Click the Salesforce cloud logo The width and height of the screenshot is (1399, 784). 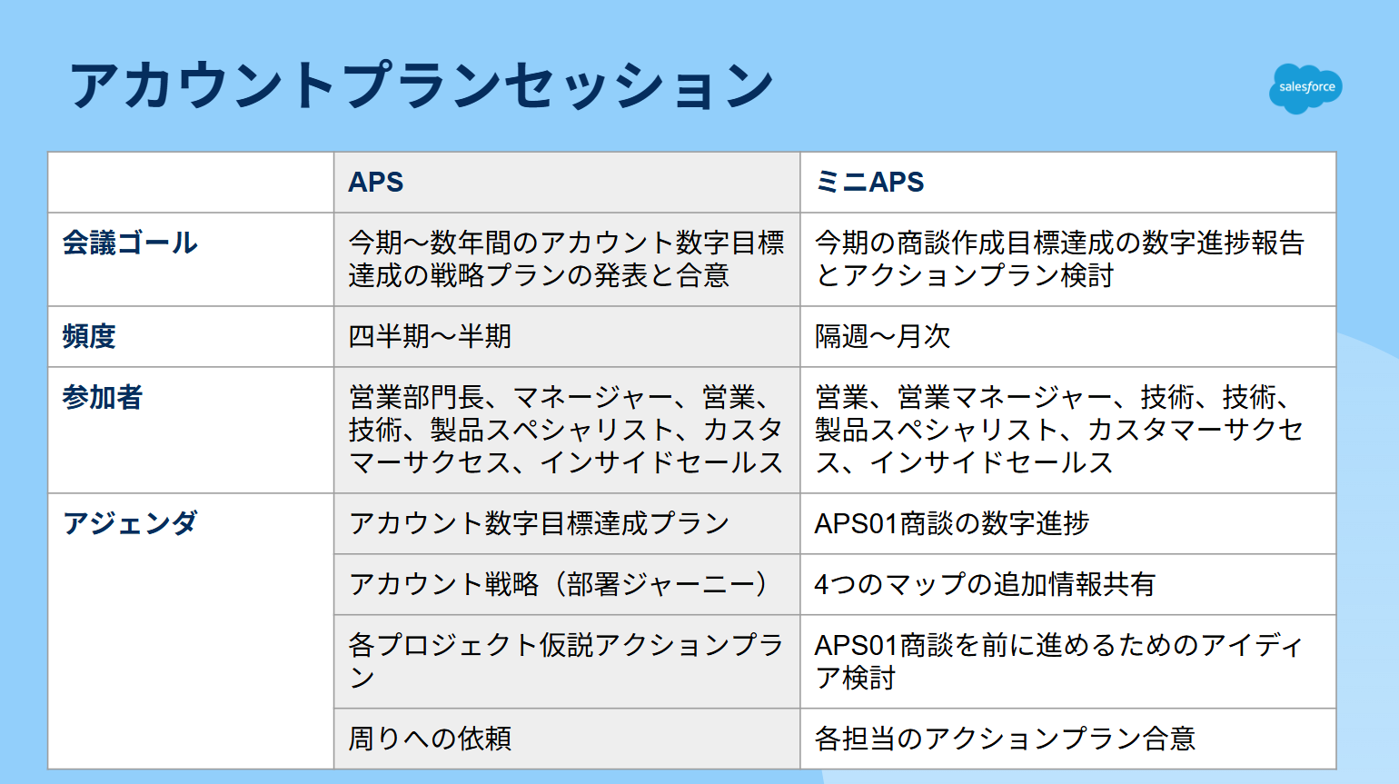[x=1305, y=88]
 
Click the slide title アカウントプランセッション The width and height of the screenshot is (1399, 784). [x=422, y=85]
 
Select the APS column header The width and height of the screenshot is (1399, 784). [x=375, y=182]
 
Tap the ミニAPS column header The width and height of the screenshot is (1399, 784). [x=869, y=182]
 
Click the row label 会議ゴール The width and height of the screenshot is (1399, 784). [x=130, y=243]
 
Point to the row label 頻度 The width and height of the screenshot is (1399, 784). [x=89, y=336]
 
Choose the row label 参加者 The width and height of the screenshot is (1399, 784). [x=103, y=397]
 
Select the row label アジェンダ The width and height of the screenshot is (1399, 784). [x=130, y=523]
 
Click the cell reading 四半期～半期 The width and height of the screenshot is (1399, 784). [x=430, y=336]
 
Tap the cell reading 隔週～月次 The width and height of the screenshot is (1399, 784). [x=882, y=336]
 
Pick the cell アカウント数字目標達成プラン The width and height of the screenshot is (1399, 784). [x=539, y=523]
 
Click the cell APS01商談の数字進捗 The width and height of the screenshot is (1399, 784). [x=952, y=523]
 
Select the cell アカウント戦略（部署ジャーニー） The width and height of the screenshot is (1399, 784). [x=558, y=584]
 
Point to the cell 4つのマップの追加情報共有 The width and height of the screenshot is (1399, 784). [x=985, y=584]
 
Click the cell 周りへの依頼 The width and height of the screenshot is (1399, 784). [x=430, y=739]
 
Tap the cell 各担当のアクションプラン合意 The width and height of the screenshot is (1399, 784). [x=1005, y=739]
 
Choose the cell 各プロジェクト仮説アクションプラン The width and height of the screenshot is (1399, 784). [x=566, y=661]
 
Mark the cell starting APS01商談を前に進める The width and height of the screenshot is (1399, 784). [x=1058, y=661]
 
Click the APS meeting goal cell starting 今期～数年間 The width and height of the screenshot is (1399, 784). [x=566, y=259]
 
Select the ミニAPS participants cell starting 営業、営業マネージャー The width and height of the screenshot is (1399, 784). [x=1058, y=430]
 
